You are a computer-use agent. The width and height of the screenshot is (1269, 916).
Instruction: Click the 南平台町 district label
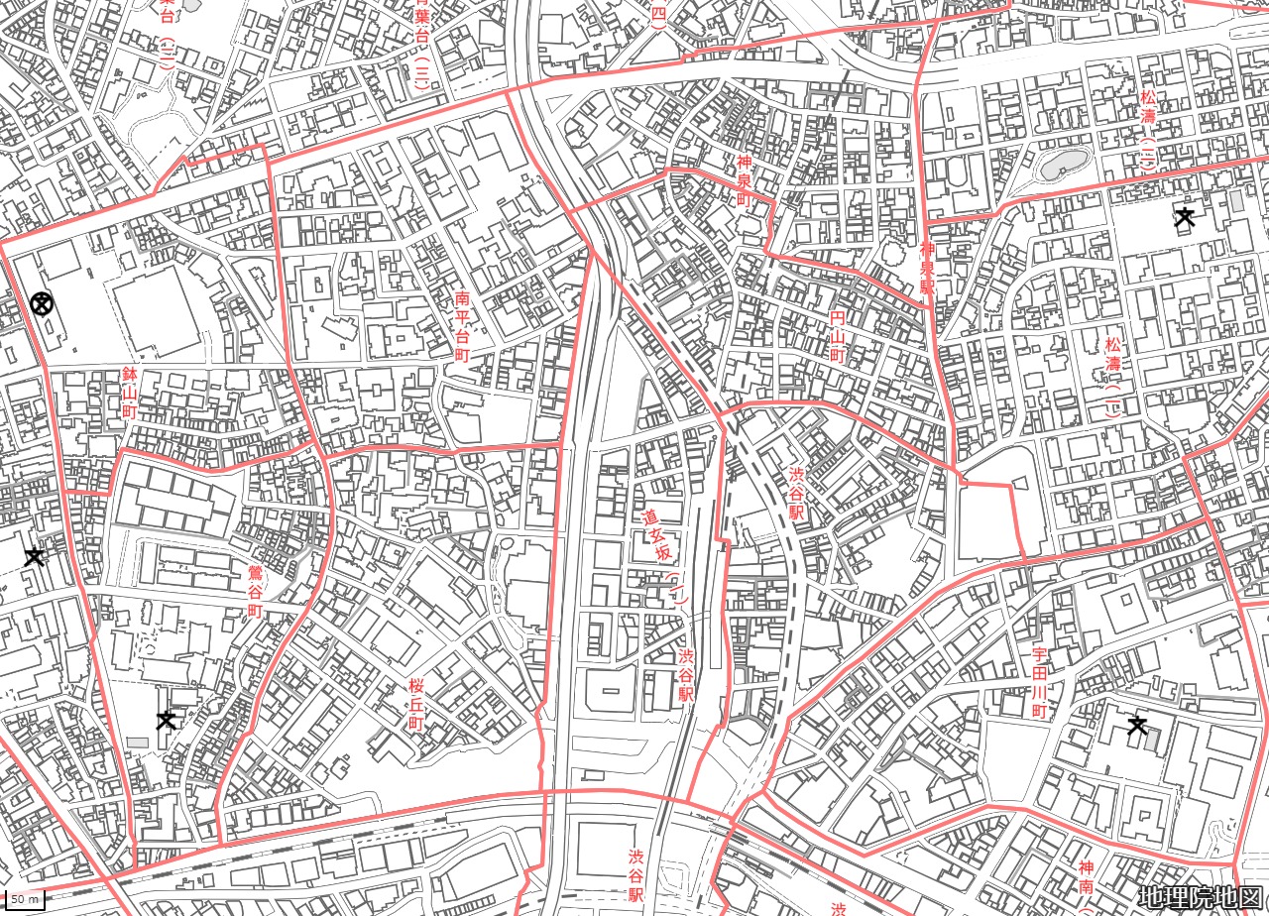(462, 326)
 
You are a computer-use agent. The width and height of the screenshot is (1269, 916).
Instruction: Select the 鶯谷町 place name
(255, 590)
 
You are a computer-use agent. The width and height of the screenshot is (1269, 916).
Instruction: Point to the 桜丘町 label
(416, 704)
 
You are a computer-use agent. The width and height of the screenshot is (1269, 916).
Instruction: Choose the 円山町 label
(838, 336)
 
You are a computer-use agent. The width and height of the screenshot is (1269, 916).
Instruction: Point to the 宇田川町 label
(1039, 684)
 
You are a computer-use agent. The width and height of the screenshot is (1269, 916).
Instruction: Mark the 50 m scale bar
(27, 899)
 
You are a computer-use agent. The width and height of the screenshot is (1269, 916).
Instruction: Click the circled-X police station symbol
(42, 304)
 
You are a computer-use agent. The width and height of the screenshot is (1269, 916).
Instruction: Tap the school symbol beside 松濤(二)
(1184, 216)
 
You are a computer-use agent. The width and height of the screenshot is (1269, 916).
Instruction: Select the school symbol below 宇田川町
(1137, 727)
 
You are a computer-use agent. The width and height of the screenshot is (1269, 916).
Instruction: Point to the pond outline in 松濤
(1061, 164)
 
